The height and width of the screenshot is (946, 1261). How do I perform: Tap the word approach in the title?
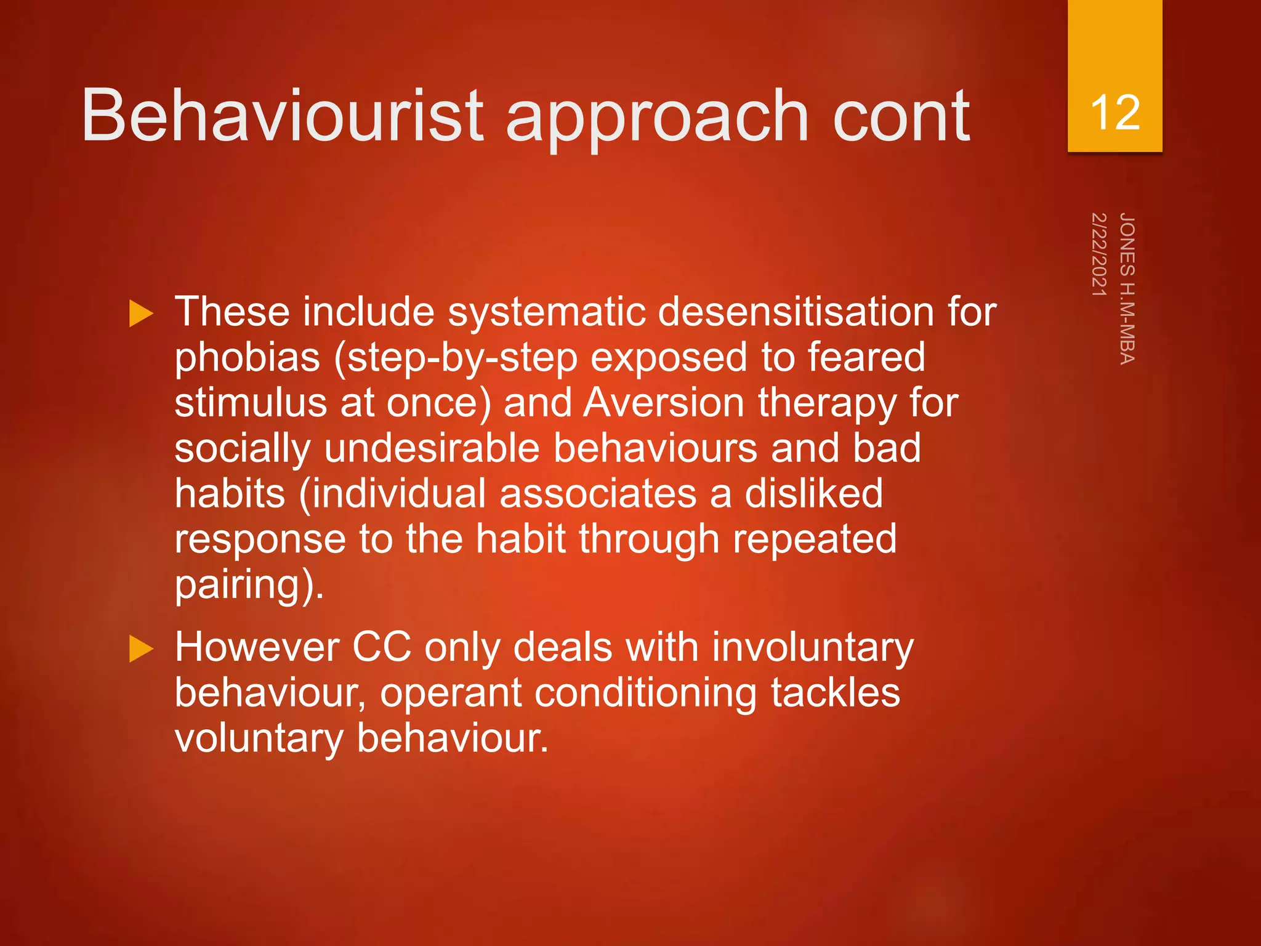[x=657, y=117]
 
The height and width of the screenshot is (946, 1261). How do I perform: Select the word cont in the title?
[x=901, y=115]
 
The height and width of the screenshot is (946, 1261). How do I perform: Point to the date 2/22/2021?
[x=1099, y=254]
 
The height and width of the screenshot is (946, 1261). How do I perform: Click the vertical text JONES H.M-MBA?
[x=1127, y=288]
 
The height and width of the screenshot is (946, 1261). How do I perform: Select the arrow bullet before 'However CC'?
[x=141, y=649]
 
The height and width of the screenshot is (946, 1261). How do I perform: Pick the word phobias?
[x=248, y=357]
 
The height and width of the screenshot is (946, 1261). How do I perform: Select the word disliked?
[x=813, y=493]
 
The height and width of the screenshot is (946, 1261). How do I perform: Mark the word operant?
[x=451, y=693]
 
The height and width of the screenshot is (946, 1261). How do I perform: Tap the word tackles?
[x=836, y=692]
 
